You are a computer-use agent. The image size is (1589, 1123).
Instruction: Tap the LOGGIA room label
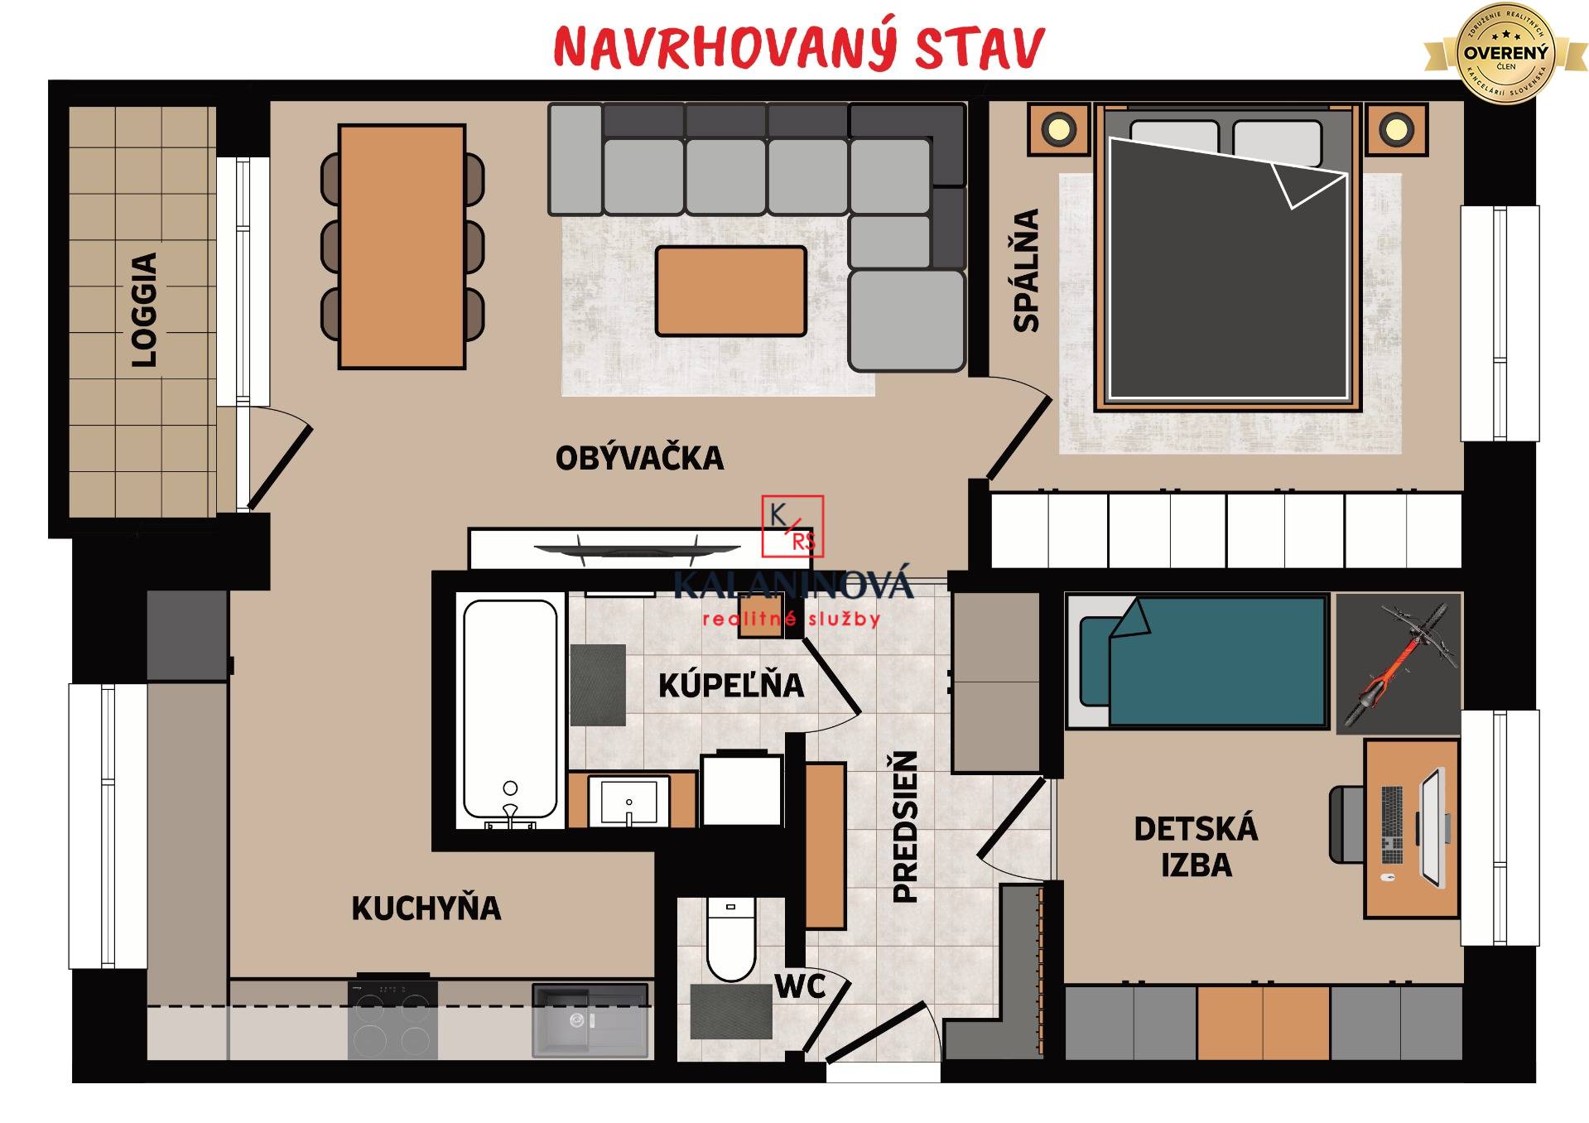(x=144, y=310)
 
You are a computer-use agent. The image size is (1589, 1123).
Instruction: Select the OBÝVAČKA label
(x=639, y=459)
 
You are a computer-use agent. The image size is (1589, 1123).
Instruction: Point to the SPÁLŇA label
(x=1027, y=270)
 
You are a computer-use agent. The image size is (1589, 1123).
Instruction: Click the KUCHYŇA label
(x=426, y=909)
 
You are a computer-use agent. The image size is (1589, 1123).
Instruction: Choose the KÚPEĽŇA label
(x=730, y=685)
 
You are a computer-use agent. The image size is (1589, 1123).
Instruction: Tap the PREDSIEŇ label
(x=905, y=827)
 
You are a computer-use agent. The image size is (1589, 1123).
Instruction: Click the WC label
(x=800, y=986)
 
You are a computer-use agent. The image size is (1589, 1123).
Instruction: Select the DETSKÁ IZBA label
(x=1196, y=846)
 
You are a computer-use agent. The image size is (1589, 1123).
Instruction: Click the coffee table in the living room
(x=730, y=292)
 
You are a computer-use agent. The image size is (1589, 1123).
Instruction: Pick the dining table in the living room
(x=402, y=246)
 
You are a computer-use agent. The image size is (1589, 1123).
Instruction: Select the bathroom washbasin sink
(x=628, y=801)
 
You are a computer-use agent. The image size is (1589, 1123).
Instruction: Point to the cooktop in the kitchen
(x=392, y=1019)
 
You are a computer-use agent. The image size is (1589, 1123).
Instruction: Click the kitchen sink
(x=589, y=1020)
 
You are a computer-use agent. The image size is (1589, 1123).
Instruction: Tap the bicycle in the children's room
(x=1399, y=663)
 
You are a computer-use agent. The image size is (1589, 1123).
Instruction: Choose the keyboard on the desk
(x=1392, y=825)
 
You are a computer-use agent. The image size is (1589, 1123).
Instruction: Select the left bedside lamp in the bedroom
(x=1057, y=129)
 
